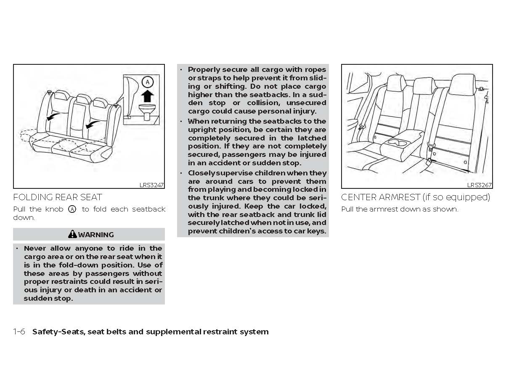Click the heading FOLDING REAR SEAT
tap(58, 197)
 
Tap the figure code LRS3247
tap(151, 185)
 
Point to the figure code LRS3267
tap(479, 185)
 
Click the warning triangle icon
tap(72, 234)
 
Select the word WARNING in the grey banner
tap(96, 235)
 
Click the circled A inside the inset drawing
tap(147, 82)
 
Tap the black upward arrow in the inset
tap(147, 96)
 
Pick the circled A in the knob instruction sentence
tap(72, 209)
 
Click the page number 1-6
tap(19, 332)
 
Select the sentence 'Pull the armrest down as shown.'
tap(400, 209)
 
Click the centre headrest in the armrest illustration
tap(424, 86)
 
